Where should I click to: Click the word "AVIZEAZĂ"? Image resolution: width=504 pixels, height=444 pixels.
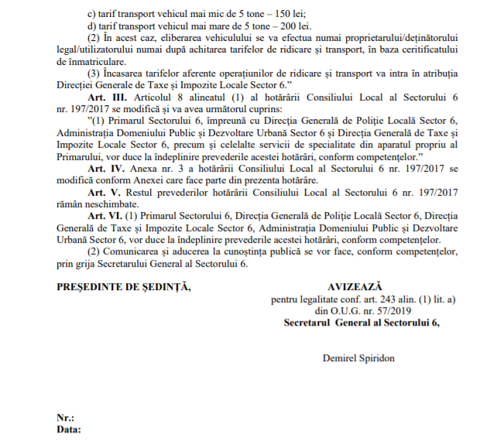point(355,287)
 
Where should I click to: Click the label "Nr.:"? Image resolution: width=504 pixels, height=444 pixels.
point(65,418)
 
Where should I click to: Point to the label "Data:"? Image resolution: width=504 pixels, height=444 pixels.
point(68,429)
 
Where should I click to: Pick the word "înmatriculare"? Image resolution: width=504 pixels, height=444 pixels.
point(89,61)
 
